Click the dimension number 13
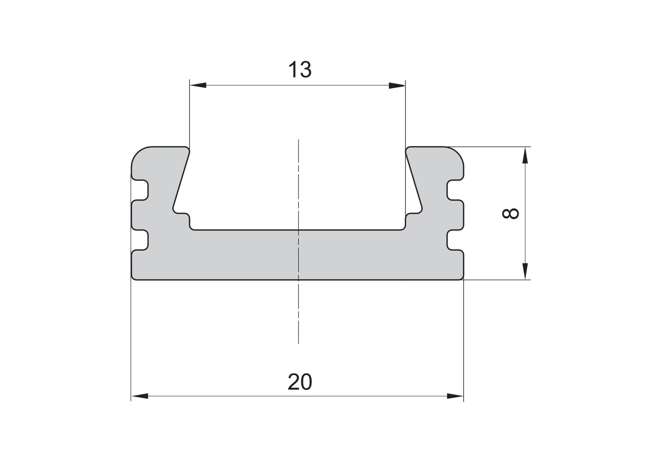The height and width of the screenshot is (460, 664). click(300, 69)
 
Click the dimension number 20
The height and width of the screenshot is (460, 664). click(300, 382)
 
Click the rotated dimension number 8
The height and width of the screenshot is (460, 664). click(510, 214)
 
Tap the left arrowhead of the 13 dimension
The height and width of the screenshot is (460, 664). click(198, 85)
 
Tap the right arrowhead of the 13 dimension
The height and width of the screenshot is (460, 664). click(397, 85)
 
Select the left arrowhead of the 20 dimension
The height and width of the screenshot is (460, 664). click(140, 396)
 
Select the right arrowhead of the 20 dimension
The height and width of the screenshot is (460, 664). click(455, 396)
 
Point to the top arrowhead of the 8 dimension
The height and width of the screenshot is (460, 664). click(525, 155)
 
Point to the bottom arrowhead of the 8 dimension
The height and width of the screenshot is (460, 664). click(525, 271)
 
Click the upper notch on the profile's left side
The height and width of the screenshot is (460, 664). click(141, 190)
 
